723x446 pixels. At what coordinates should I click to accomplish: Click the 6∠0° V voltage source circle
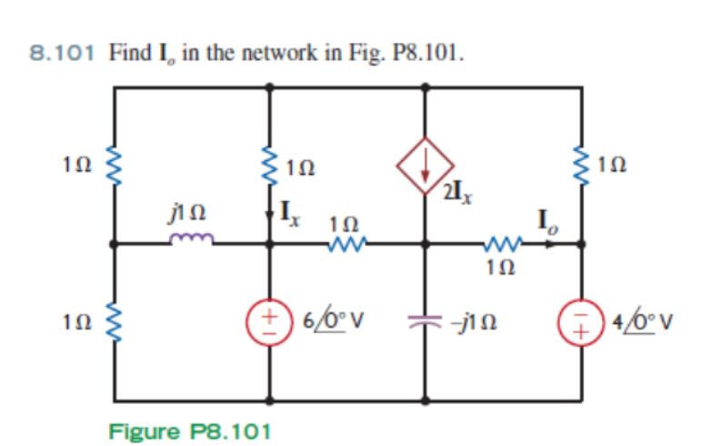point(270,323)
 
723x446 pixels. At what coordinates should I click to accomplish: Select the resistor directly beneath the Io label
point(500,243)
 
